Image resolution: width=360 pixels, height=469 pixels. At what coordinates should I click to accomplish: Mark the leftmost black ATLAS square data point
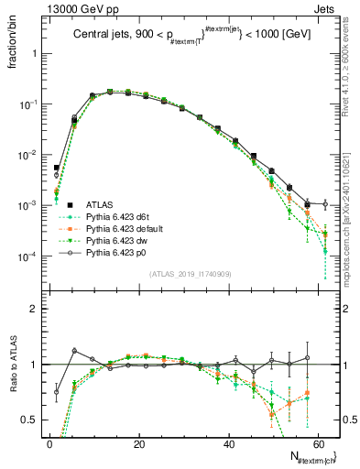point(56,168)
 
